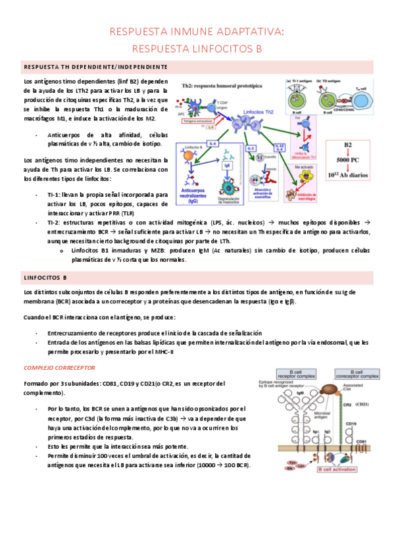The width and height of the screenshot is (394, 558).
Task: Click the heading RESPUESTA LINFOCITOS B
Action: click(197, 48)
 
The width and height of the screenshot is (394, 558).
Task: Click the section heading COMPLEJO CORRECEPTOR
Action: click(59, 367)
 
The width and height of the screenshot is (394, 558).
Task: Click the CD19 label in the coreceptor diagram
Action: click(351, 424)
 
